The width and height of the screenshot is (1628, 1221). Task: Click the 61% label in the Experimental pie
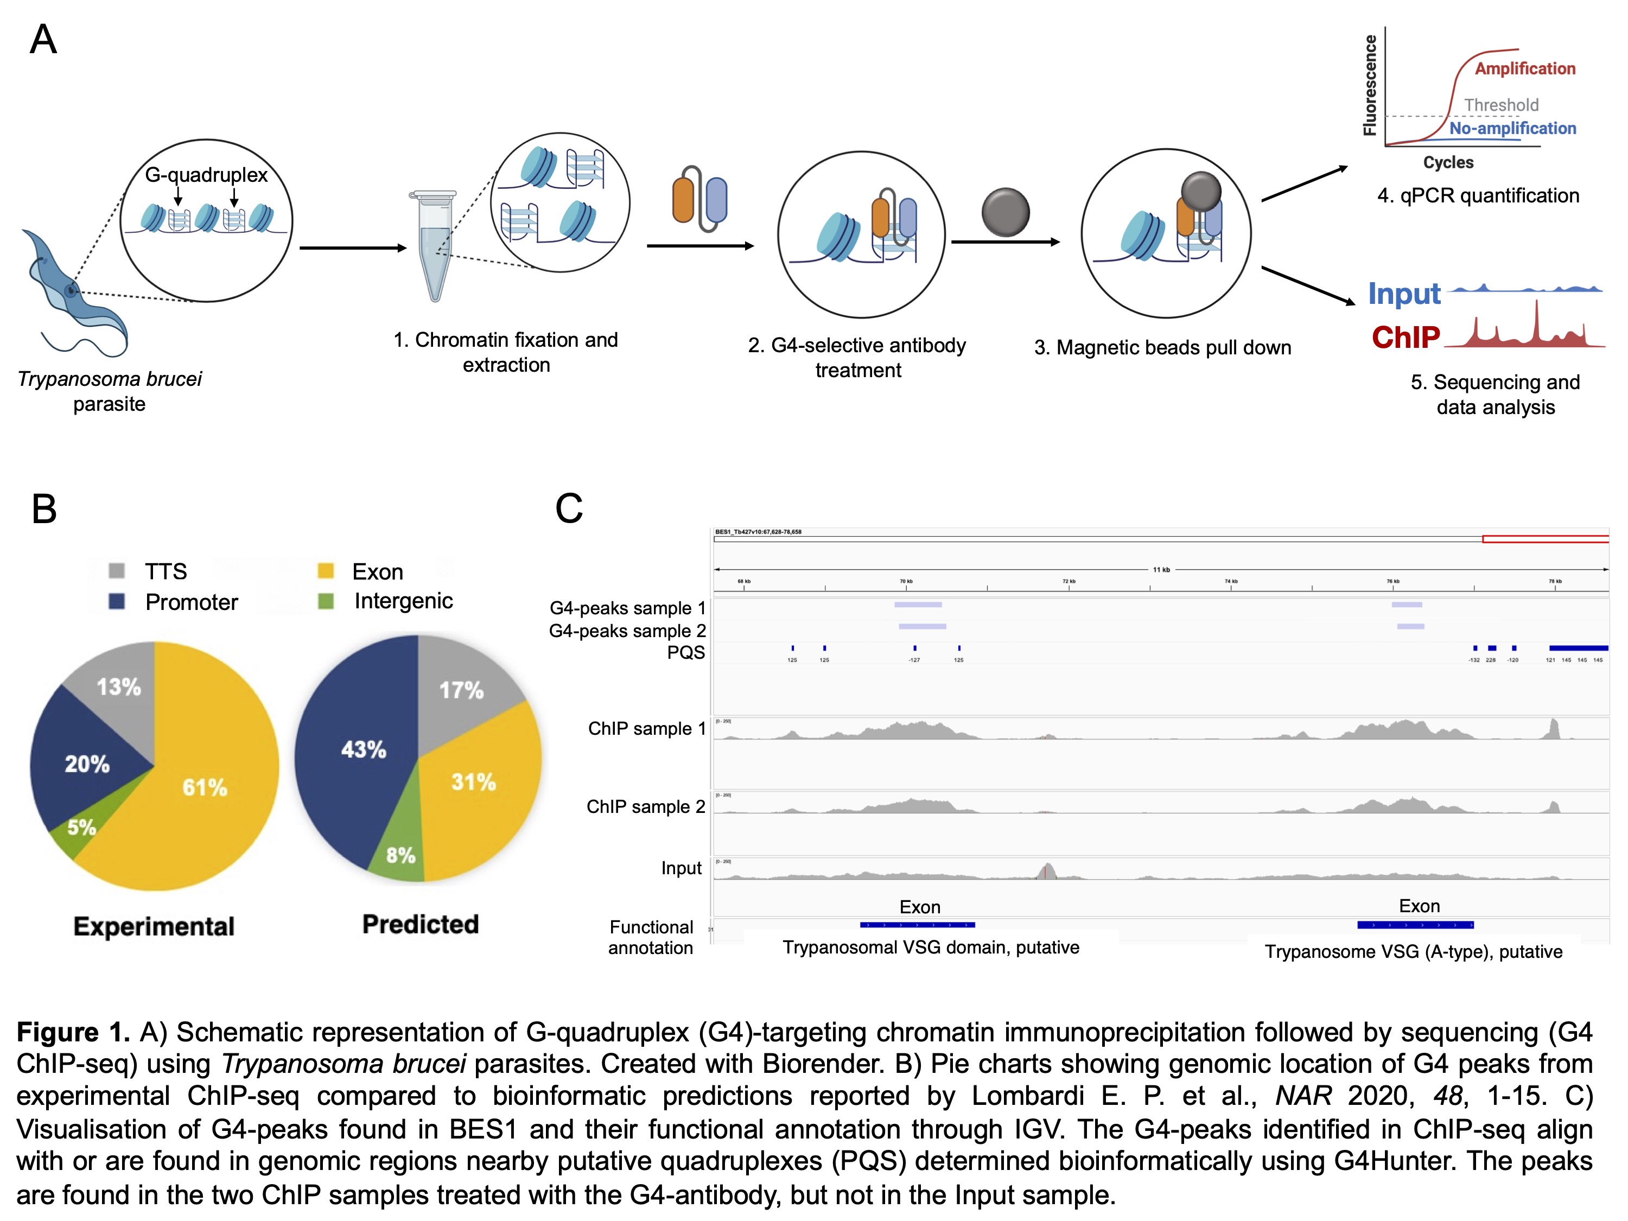click(x=205, y=787)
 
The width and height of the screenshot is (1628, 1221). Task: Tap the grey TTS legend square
click(x=116, y=571)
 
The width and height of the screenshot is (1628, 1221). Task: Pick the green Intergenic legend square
click(x=325, y=601)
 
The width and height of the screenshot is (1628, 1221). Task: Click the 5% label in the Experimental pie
click(x=82, y=827)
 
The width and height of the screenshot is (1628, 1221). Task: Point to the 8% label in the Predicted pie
click(x=400, y=855)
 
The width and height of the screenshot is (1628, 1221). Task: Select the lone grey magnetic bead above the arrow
click(x=1006, y=213)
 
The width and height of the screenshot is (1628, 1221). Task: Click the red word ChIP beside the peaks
click(x=1406, y=337)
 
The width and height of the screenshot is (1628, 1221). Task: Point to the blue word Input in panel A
click(x=1403, y=294)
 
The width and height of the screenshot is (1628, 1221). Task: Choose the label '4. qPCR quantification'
click(x=1478, y=196)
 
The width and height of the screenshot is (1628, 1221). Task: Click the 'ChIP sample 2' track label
click(x=645, y=806)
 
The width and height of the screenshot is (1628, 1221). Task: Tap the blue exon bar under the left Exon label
click(x=917, y=924)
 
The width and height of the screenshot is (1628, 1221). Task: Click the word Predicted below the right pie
click(x=420, y=924)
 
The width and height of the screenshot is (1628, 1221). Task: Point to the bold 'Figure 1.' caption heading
click(x=73, y=1033)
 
